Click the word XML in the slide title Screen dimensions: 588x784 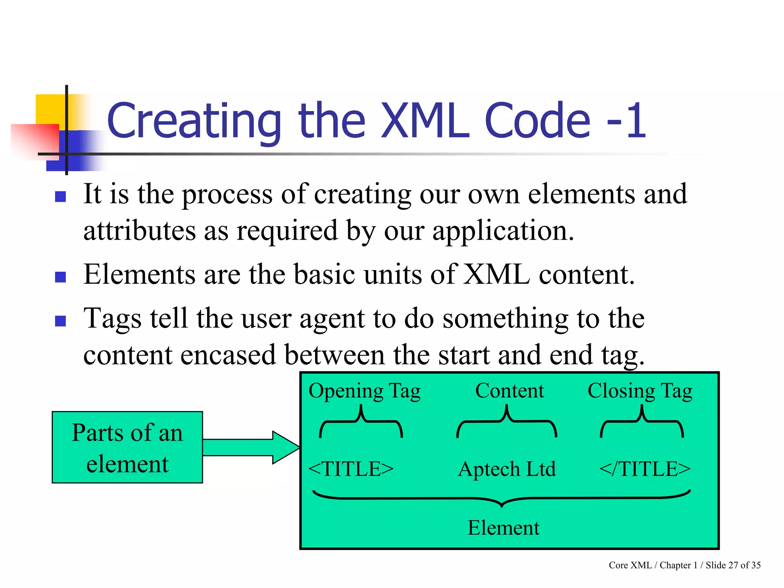coord(425,121)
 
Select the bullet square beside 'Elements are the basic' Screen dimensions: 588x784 coord(60,277)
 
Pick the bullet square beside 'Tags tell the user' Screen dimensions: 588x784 coord(60,321)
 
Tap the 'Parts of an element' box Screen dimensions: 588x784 coord(127,447)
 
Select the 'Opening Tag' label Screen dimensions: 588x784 coord(364,391)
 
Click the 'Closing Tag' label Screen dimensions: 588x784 coord(640,391)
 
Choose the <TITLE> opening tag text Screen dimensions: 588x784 coord(351,469)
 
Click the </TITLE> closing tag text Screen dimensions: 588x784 coord(645,469)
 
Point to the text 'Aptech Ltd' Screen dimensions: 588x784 coord(506,469)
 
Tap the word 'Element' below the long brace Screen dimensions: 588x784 coord(503,528)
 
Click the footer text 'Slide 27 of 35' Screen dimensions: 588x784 coord(733,565)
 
